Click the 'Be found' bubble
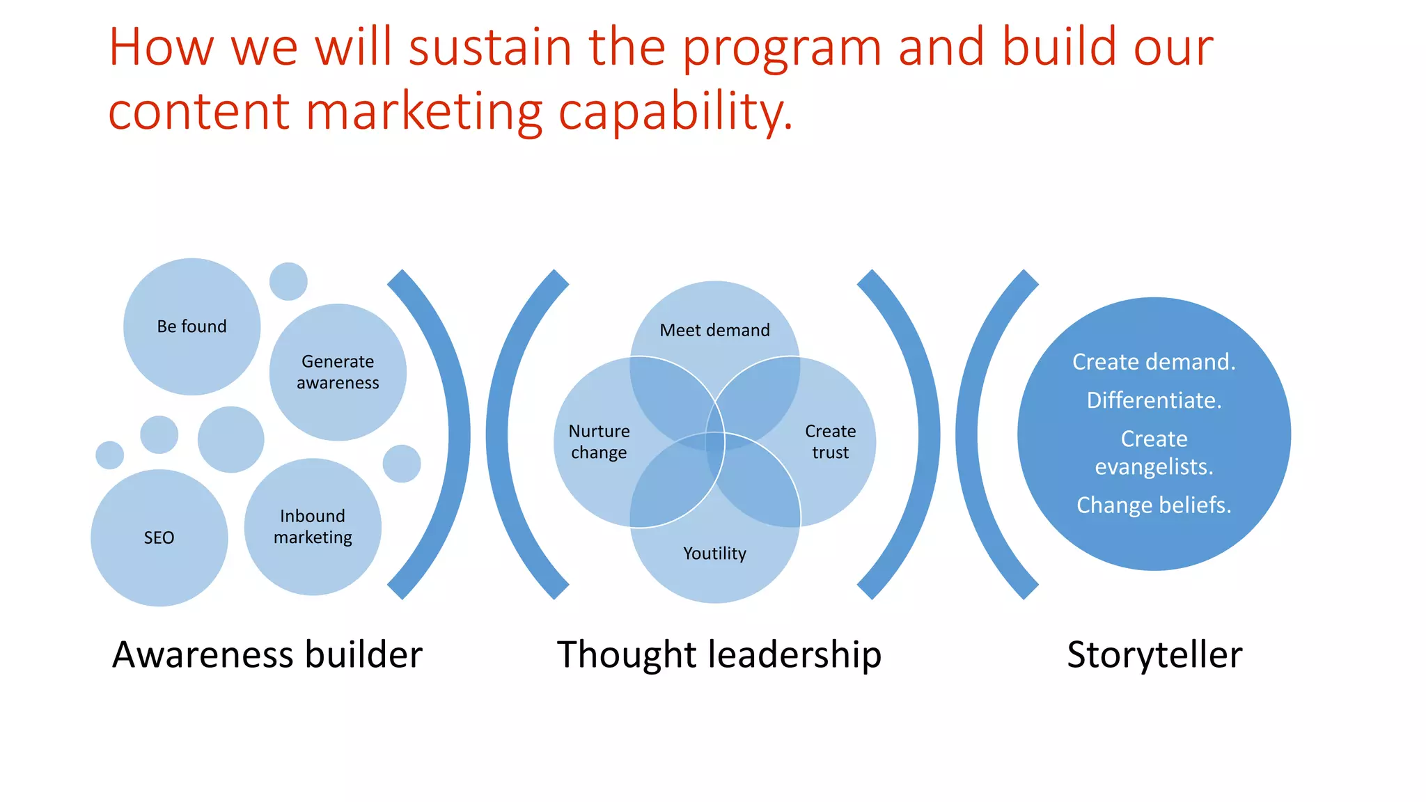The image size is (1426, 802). coord(191,327)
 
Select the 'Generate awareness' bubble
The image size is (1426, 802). coord(338,372)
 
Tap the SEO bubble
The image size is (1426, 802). coord(159,537)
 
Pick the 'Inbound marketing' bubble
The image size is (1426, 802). coord(313,527)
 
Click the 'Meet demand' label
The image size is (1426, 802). coord(714,330)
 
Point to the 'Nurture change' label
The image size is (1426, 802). coord(599,442)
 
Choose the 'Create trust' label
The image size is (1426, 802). coord(830,442)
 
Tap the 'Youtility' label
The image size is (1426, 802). coord(714,553)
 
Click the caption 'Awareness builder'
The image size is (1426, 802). coord(267,655)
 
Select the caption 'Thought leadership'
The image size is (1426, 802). coord(719,655)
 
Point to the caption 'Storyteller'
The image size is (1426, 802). coord(1154,655)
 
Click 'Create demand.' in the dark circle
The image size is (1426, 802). coord(1154,362)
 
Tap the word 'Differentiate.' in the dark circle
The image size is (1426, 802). coord(1154,400)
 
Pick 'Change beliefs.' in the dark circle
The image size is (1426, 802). coord(1154,505)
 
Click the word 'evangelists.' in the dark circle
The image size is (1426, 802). coord(1154,466)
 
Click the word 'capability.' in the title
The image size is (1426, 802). coord(675,113)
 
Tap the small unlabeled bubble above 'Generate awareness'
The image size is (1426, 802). coord(288,281)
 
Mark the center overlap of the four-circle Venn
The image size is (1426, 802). coord(715,442)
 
